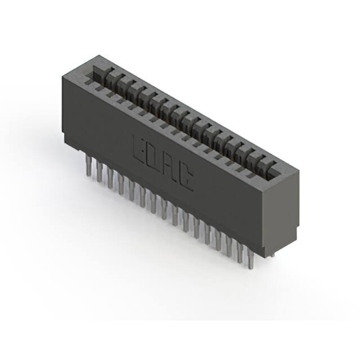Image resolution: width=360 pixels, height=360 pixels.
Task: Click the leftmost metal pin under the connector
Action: (x=88, y=166)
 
